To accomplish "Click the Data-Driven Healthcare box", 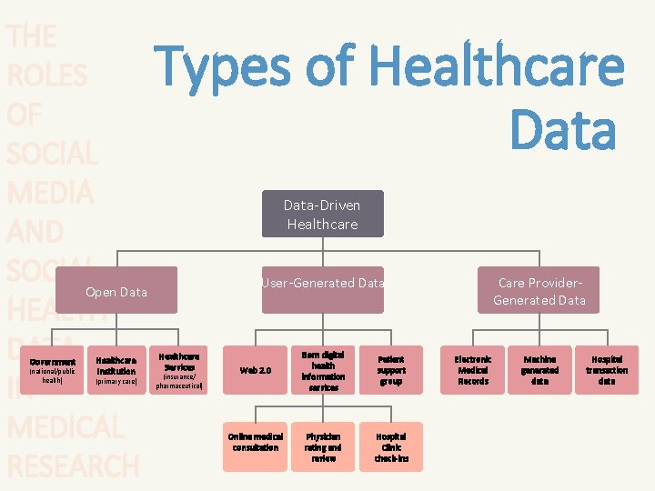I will [323, 214].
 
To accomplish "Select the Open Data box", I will [116, 291].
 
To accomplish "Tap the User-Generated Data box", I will [323, 290].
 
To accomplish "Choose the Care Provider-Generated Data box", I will [539, 290].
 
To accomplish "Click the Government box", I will [52, 369].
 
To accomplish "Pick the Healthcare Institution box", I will [116, 369].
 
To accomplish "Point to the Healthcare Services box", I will [179, 369].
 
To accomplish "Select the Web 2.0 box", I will [255, 370].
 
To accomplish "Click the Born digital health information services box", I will [323, 370].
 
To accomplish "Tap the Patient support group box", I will [391, 370].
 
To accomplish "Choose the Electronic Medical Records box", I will [473, 370].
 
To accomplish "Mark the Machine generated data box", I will [539, 370].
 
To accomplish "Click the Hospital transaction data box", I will [607, 370].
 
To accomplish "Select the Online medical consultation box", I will [255, 446].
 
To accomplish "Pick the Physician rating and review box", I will [323, 446].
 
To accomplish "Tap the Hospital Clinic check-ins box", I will [391, 446].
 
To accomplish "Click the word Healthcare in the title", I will [498, 68].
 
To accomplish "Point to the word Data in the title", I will [563, 129].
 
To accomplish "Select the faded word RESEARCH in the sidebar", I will [73, 465].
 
